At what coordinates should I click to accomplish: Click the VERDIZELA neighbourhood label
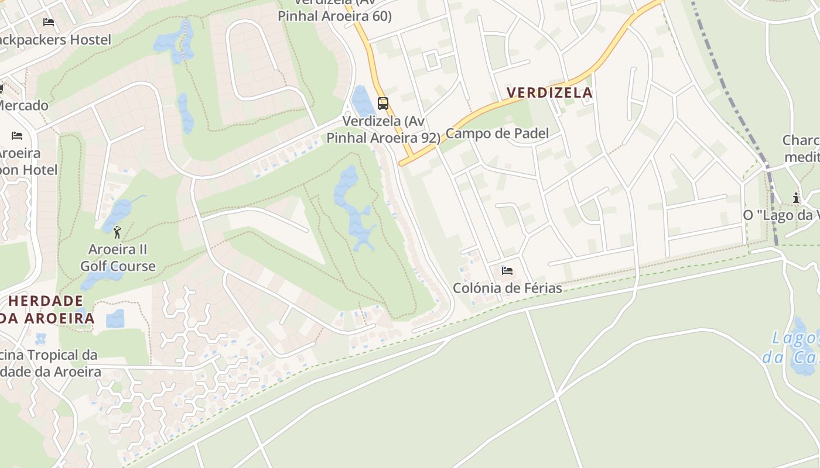pos(549,92)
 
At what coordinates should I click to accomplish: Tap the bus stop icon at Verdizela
pos(383,104)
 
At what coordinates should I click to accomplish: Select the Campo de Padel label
pos(497,133)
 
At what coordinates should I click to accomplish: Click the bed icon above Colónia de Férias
pos(507,271)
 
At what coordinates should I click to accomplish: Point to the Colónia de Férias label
pos(507,288)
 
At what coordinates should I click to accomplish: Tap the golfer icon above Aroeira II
pos(118,232)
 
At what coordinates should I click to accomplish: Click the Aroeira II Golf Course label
pos(118,258)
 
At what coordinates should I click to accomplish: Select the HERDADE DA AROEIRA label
pos(47,309)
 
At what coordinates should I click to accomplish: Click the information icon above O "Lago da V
pos(796,198)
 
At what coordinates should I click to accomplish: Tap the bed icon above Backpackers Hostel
pos(49,22)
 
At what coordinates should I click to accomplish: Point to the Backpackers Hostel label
pos(56,40)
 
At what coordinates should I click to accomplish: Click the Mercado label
pos(23,106)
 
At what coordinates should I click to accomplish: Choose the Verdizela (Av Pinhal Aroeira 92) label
pos(384,129)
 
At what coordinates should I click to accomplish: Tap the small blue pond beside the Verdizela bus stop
pos(363,101)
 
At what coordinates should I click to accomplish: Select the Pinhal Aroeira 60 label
pos(334,16)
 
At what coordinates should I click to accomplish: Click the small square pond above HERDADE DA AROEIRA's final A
pos(115,318)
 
